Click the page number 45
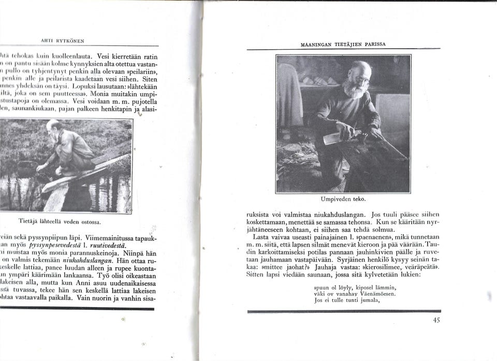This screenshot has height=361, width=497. (x=436, y=320)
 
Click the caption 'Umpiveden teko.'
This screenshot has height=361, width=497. (x=343, y=199)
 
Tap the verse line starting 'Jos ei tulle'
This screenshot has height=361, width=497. (x=347, y=300)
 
